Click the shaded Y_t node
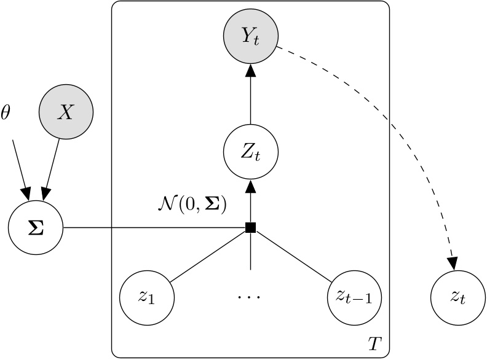[250, 37]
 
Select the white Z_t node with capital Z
[250, 151]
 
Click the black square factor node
[250, 228]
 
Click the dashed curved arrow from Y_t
[394, 135]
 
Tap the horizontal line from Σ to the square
[154, 228]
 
